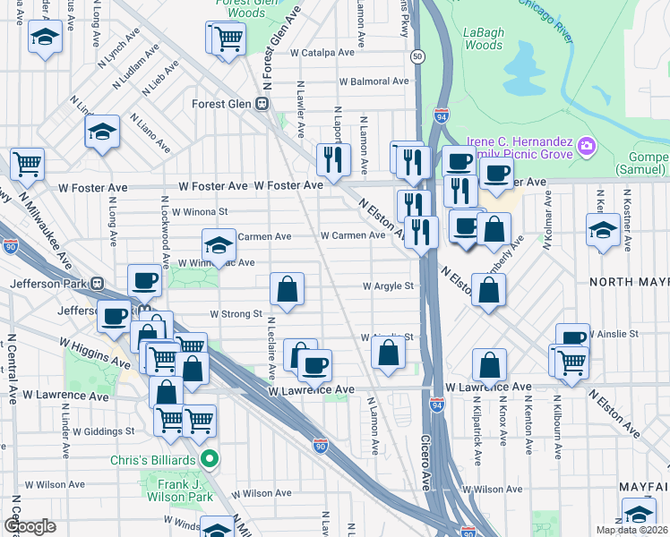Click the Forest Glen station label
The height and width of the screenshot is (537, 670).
[223, 103]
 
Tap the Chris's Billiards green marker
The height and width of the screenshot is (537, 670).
[210, 461]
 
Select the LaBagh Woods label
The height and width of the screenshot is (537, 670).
[483, 38]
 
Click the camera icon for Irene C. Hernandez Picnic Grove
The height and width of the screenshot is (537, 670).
[587, 145]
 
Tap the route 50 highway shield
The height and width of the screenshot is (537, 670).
[417, 56]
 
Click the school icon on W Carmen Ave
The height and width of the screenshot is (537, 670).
[217, 243]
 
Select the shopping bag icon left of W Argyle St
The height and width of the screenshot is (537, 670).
[287, 289]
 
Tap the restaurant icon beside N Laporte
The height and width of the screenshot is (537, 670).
[333, 160]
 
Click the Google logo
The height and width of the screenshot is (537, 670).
[30, 526]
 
